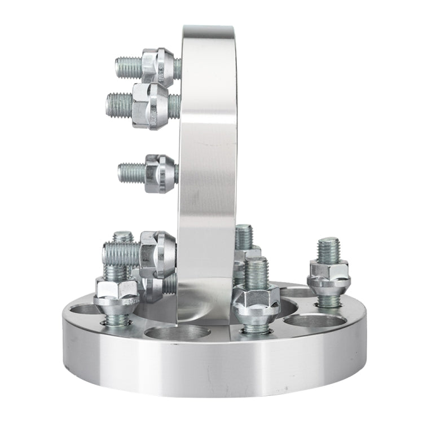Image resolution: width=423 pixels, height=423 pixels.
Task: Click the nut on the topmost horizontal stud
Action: coord(157,67)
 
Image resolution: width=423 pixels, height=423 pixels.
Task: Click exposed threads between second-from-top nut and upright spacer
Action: coord(174,106)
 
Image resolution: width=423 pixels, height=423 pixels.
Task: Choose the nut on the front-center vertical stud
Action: coord(256,302)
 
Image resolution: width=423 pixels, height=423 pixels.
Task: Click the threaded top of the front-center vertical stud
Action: coord(256,271)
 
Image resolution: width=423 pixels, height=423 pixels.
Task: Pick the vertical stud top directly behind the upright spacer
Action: coord(244,236)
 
